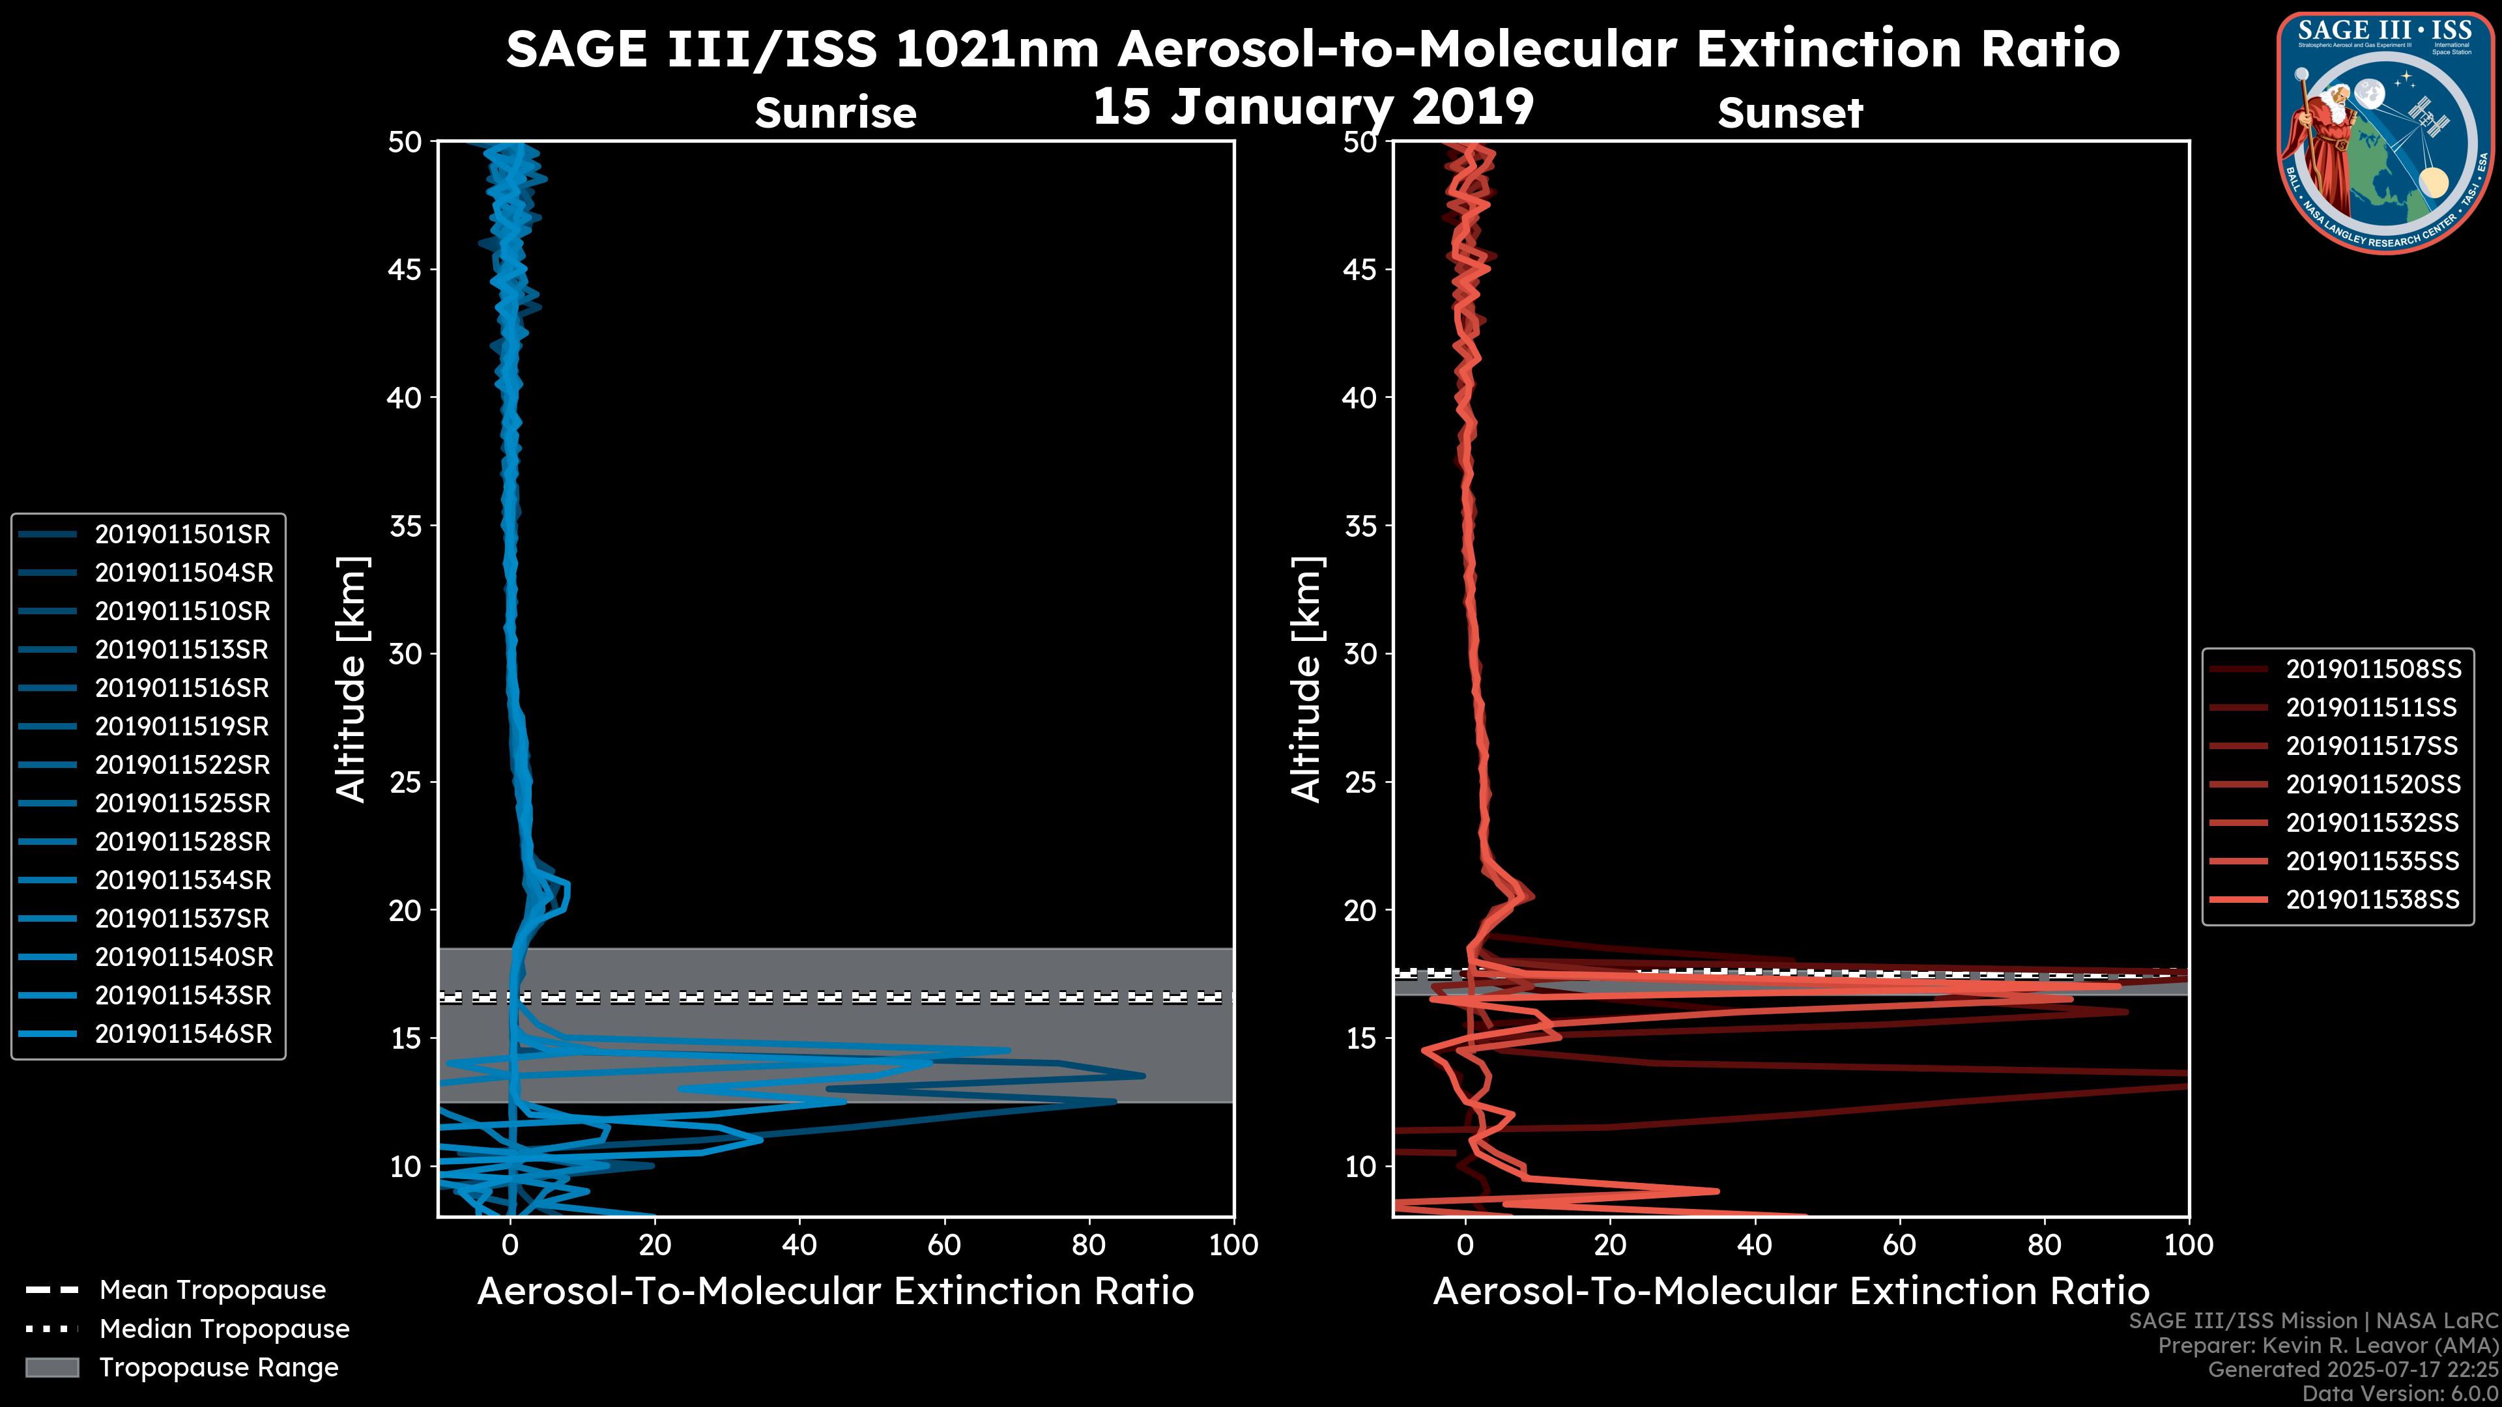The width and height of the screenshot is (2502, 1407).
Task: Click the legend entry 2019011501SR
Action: click(x=182, y=534)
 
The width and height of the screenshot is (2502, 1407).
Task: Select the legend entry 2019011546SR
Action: click(x=182, y=1034)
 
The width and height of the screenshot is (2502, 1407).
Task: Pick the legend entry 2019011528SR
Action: click(x=182, y=842)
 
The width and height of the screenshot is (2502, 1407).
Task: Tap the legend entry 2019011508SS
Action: click(x=2373, y=669)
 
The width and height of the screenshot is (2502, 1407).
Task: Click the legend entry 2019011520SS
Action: click(x=2373, y=784)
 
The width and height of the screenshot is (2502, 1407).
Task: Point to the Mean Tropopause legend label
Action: click(x=212, y=1290)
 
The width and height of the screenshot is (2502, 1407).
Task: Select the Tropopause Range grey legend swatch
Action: click(x=51, y=1368)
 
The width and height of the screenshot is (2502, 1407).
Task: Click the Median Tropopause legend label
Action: click(x=224, y=1329)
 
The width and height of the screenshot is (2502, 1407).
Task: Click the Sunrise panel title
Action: click(x=835, y=113)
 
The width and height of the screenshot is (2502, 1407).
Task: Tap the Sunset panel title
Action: click(x=1790, y=113)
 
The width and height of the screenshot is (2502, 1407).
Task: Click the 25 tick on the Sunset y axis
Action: click(x=1360, y=782)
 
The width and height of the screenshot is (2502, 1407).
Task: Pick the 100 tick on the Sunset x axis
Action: click(x=2189, y=1245)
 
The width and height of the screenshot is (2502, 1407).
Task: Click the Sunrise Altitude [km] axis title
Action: click(x=352, y=679)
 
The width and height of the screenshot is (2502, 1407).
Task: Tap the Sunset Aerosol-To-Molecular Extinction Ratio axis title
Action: click(x=1790, y=1292)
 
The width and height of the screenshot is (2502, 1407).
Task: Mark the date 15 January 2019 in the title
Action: click(x=1313, y=107)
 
